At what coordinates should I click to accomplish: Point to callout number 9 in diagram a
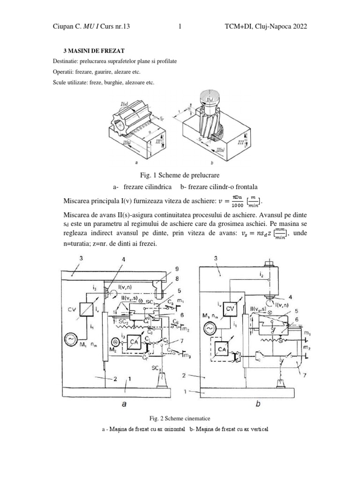tap(165, 269)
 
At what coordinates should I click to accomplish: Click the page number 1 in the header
tap(180, 27)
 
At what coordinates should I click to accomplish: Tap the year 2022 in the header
tap(298, 27)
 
